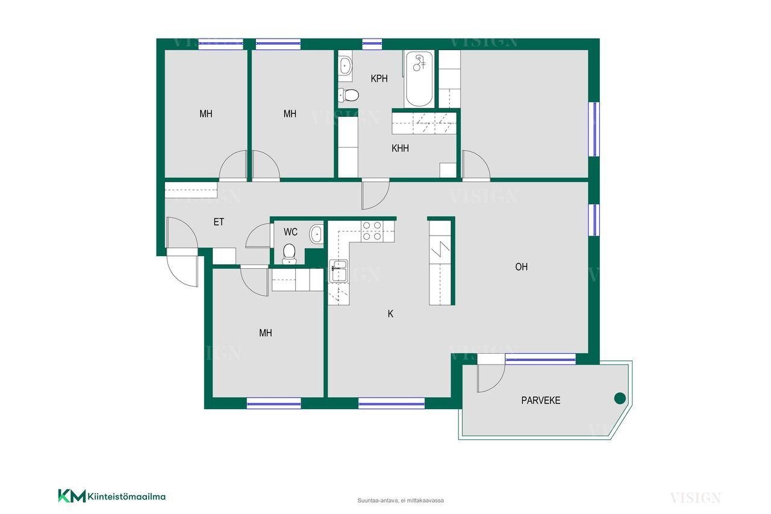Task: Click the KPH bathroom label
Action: [x=379, y=78]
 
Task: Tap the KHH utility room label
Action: [x=400, y=148]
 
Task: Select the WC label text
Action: [x=290, y=232]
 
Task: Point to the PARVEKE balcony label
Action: [x=540, y=400]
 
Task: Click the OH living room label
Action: [x=521, y=267]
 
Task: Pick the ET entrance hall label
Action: [x=219, y=222]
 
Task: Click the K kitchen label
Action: [x=390, y=313]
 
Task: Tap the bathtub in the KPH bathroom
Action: [x=419, y=79]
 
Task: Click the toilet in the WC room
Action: [x=289, y=254]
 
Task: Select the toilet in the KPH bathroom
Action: [x=348, y=95]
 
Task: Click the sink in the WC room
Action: [x=316, y=234]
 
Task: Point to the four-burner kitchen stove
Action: [x=372, y=231]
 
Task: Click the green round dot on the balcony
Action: [x=620, y=398]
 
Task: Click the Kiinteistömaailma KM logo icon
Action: [x=72, y=496]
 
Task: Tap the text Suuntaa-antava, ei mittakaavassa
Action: [x=401, y=501]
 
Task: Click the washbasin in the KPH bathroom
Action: [x=345, y=64]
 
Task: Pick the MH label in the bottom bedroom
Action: [x=266, y=333]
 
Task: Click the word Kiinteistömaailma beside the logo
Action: [x=126, y=497]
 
